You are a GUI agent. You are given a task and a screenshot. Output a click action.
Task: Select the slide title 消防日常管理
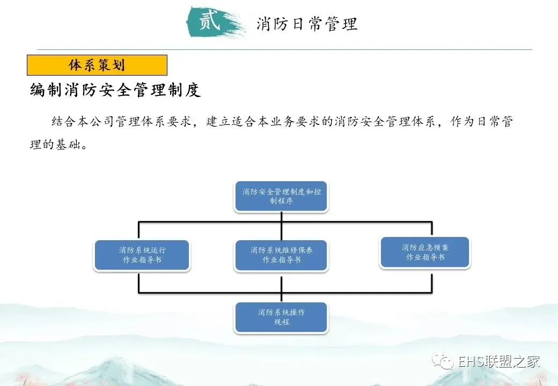tap(307, 24)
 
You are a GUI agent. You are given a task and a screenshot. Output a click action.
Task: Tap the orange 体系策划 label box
tap(97, 65)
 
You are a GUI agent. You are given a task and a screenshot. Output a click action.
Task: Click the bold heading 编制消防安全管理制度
tap(115, 90)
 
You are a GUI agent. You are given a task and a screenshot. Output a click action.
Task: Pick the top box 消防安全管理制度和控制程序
tap(281, 196)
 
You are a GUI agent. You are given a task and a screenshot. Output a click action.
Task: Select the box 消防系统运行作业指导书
tap(142, 255)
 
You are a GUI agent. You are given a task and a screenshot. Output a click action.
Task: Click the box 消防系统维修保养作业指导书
tap(281, 255)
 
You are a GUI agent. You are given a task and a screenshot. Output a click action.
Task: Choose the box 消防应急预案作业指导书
tap(424, 253)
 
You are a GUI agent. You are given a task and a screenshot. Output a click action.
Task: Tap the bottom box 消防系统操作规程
tap(281, 317)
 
